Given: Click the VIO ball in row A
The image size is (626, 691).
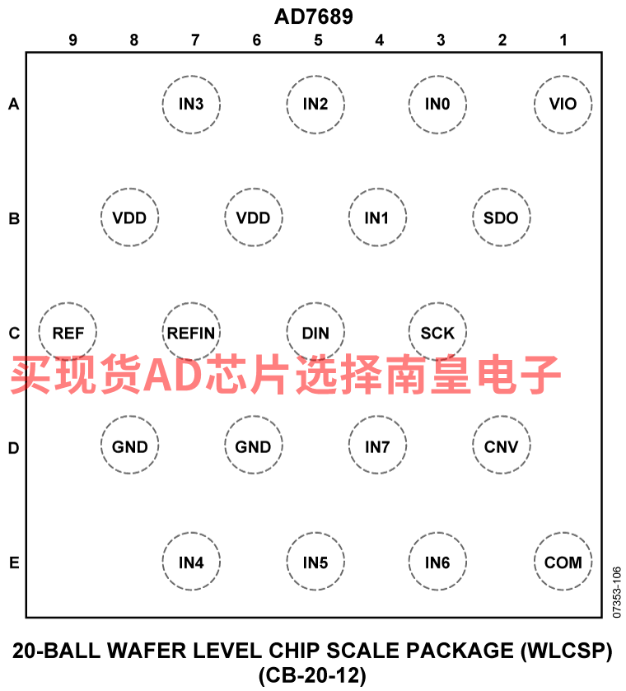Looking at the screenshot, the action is (x=563, y=105).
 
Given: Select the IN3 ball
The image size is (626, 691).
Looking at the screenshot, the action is (x=191, y=105).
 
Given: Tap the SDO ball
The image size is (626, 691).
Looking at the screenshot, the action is (x=502, y=217).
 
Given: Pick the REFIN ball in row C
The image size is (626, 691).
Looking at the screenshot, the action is (x=191, y=332).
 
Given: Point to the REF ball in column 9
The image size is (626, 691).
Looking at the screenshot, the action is (x=68, y=332).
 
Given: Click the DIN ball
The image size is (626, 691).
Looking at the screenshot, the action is (x=315, y=332).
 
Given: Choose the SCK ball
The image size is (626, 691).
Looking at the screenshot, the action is (x=437, y=332).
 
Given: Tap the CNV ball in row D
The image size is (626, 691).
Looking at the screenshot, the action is (x=502, y=445).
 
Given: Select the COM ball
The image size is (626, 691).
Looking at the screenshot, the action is (x=563, y=562).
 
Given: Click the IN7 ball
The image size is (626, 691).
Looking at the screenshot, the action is (x=377, y=445).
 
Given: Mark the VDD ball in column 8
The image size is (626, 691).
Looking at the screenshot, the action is (x=129, y=217).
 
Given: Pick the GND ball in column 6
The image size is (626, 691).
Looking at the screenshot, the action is (x=254, y=445).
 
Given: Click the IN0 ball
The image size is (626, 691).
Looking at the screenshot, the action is (x=437, y=105).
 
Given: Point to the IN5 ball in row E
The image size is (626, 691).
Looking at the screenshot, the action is (x=315, y=562).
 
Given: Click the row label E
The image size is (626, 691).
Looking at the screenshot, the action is (x=14, y=563).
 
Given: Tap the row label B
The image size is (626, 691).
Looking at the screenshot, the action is (x=14, y=218).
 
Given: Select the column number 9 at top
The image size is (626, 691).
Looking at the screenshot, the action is (x=72, y=40).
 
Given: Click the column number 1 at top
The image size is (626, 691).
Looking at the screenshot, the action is (x=563, y=40).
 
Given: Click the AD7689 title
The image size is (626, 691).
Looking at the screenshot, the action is (x=314, y=16).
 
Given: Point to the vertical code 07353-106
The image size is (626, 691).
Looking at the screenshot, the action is (x=617, y=592).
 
